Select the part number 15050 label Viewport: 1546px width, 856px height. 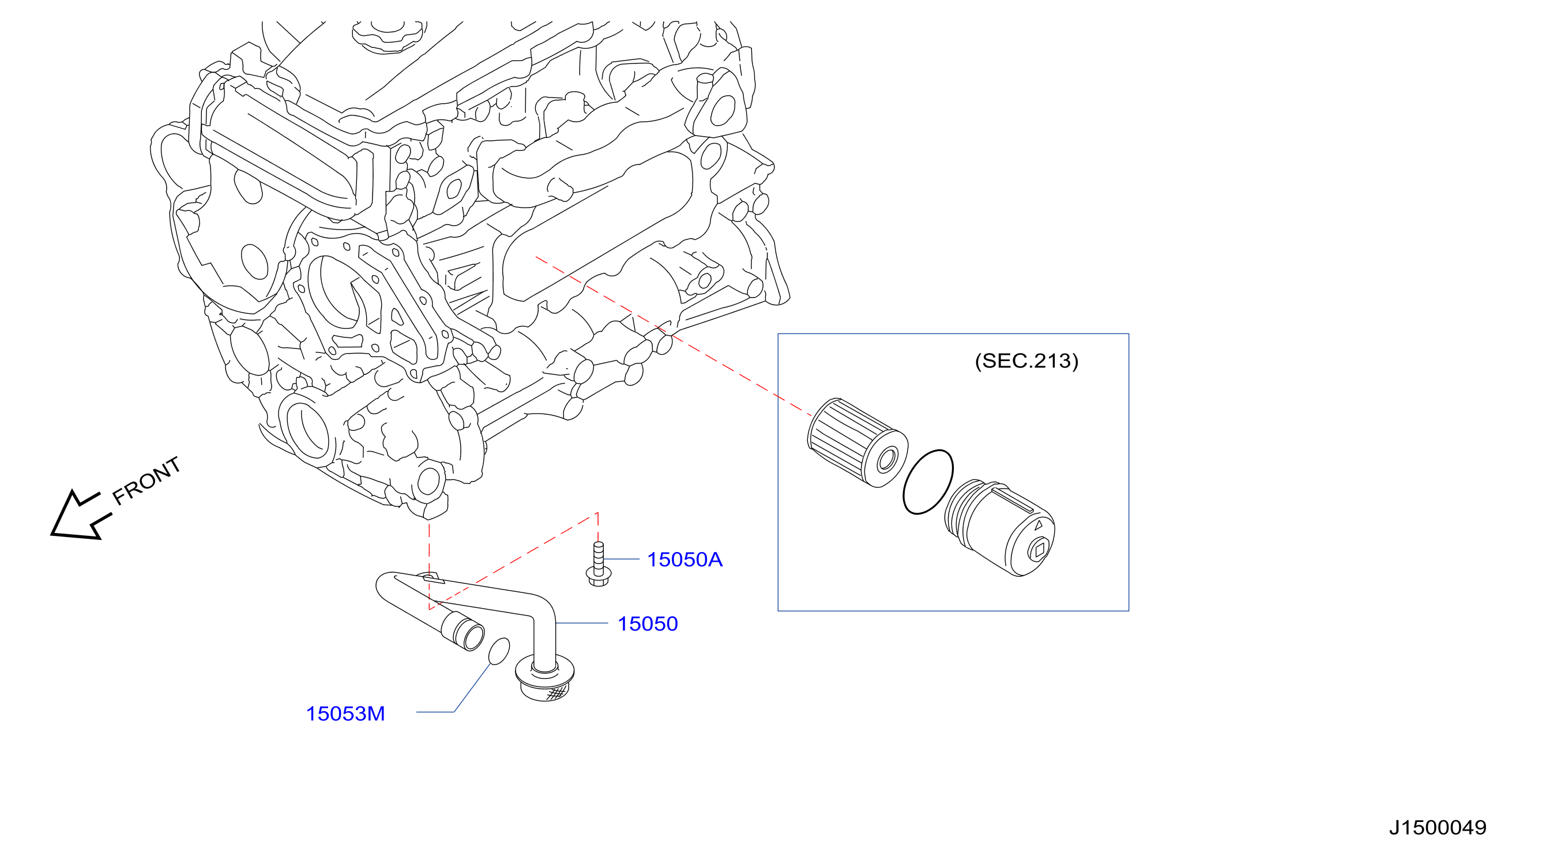point(648,624)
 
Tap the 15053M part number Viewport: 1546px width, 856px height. point(345,714)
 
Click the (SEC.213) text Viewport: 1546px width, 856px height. point(1026,361)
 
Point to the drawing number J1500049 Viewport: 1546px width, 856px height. point(1438,828)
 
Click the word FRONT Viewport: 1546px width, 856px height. point(146,481)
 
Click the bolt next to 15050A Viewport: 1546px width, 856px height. point(599,564)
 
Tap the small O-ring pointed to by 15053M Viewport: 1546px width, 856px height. point(499,651)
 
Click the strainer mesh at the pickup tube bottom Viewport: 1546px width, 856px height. point(556,693)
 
